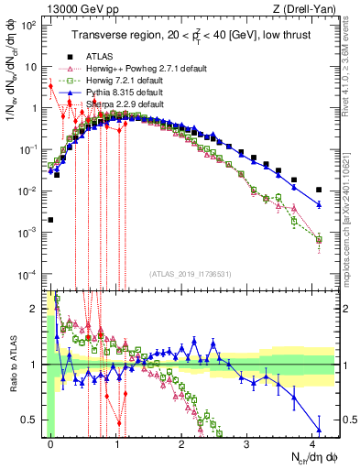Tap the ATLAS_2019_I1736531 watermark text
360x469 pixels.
pos(190,274)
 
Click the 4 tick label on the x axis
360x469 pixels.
pos(313,443)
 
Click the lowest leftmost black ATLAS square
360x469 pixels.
pos(50,220)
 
